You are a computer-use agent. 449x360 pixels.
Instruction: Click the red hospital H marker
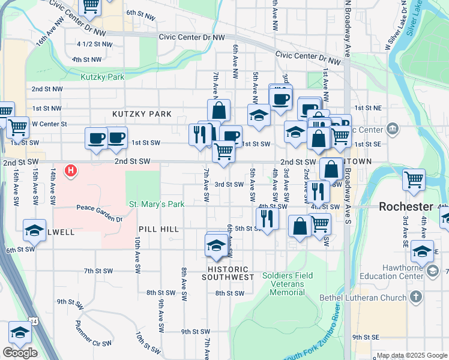(x=71, y=171)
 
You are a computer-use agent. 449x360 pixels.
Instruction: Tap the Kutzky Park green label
(x=103, y=77)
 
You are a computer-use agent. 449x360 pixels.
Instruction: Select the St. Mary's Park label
(x=157, y=204)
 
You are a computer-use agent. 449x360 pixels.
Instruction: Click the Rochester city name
(x=406, y=206)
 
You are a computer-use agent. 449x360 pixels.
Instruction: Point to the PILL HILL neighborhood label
(x=158, y=229)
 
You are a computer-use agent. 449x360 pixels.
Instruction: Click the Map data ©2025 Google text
(x=412, y=355)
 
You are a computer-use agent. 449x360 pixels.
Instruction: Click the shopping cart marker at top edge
(x=90, y=5)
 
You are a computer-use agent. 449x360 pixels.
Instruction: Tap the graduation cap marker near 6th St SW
(x=34, y=231)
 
